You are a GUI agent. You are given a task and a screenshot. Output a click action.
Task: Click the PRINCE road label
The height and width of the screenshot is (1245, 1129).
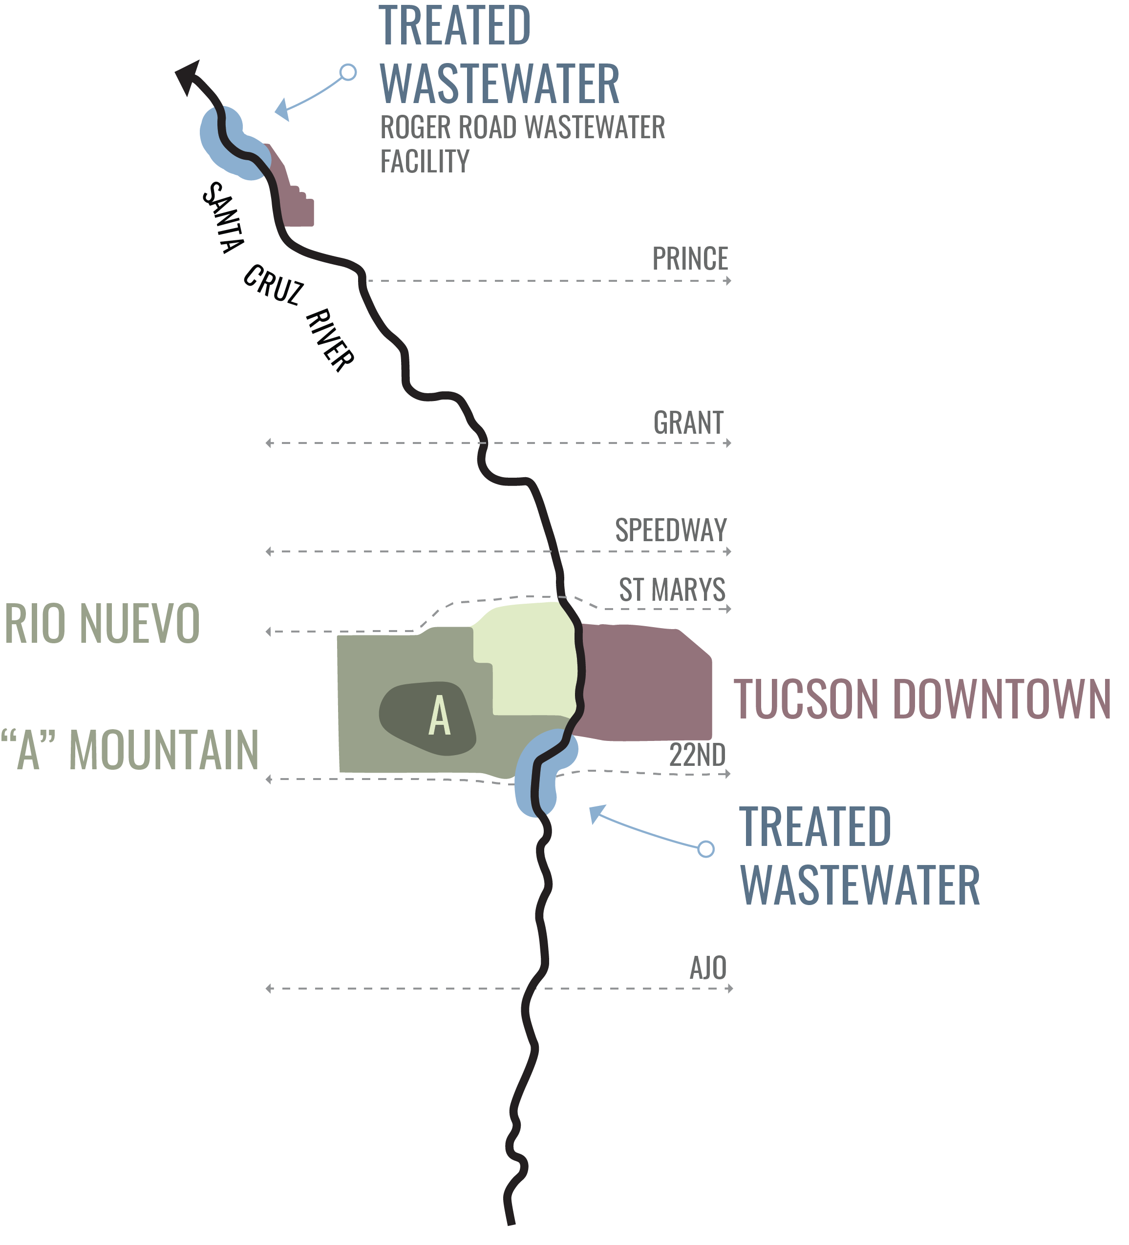coord(690,259)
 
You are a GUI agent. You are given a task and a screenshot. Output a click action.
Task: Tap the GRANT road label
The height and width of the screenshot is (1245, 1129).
coord(688,423)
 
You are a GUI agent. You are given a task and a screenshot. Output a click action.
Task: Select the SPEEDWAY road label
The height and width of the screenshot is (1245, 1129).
coord(671,530)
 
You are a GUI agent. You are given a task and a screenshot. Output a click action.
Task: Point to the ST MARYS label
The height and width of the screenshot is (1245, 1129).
coord(672,589)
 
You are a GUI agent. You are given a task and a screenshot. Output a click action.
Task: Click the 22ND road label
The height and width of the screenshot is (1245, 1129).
coord(697,755)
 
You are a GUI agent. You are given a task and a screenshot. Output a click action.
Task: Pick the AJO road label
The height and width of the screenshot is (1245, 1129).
coord(708,968)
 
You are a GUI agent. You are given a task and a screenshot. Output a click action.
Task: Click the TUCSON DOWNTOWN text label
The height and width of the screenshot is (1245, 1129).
coord(922,698)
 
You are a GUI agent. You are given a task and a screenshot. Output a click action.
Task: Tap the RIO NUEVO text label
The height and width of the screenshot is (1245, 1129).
coord(102,623)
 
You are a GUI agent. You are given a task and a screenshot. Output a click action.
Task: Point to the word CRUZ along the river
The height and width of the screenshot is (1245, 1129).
coord(273,285)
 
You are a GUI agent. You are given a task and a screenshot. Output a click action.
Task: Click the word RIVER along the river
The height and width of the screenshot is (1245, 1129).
coord(330,340)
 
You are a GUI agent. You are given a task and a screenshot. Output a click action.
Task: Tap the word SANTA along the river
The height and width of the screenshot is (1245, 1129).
coord(223,217)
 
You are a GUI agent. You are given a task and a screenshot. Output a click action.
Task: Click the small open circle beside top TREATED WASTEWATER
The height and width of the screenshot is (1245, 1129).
coord(348,72)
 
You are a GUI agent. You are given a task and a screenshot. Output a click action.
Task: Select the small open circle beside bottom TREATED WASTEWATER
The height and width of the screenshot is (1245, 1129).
coord(706,849)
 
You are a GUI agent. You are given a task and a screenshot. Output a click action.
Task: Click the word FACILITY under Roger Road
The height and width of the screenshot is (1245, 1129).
coord(425,161)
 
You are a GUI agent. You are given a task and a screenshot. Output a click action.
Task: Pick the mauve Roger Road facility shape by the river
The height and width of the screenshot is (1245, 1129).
coord(290,189)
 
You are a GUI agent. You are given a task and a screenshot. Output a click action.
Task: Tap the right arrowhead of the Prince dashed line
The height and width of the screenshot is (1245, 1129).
coord(729,281)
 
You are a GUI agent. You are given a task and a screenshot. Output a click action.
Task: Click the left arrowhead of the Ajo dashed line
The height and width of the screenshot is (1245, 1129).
coord(269,989)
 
